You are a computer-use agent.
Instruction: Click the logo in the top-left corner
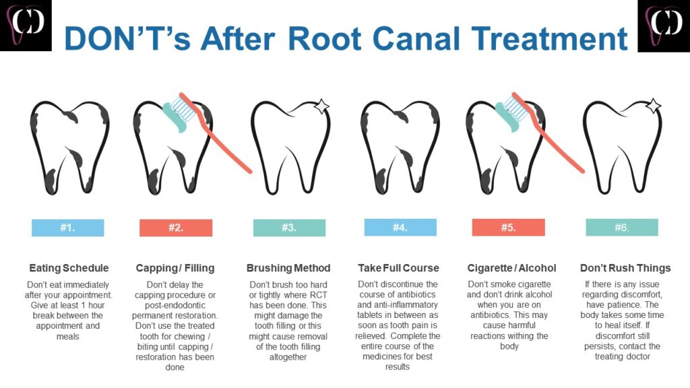pyautogui.click(x=26, y=26)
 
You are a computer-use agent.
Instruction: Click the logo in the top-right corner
pyautogui.click(x=663, y=26)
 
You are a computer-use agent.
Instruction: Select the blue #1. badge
pyautogui.click(x=67, y=228)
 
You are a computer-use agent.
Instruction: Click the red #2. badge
pyautogui.click(x=175, y=228)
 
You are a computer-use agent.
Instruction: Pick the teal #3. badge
pyautogui.click(x=288, y=228)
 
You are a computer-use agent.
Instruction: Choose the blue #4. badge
pyautogui.click(x=400, y=228)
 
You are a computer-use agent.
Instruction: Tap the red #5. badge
pyautogui.click(x=508, y=228)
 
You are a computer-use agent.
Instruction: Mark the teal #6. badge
pyautogui.click(x=621, y=228)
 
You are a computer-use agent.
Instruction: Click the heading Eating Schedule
pyautogui.click(x=69, y=268)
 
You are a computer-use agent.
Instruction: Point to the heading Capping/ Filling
pyautogui.click(x=175, y=268)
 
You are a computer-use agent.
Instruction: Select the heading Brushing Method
pyautogui.click(x=288, y=268)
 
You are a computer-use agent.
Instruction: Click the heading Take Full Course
pyautogui.click(x=398, y=268)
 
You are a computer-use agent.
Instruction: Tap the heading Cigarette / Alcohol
pyautogui.click(x=512, y=268)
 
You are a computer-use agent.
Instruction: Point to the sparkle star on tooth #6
pyautogui.click(x=653, y=106)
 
